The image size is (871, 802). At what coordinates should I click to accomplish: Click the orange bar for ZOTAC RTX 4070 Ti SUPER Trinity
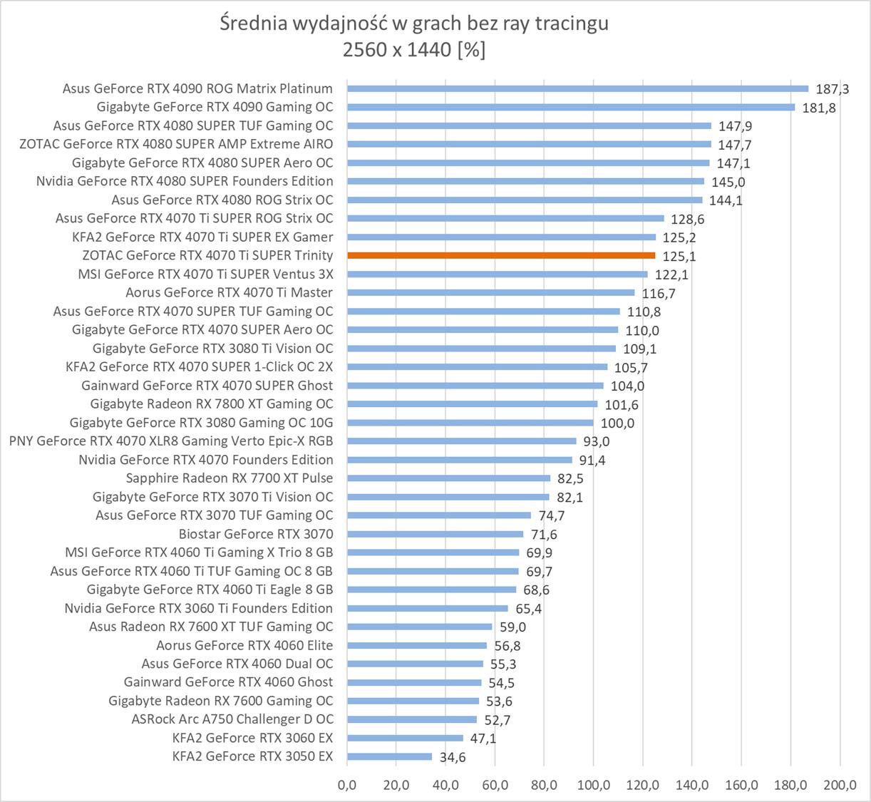coord(501,255)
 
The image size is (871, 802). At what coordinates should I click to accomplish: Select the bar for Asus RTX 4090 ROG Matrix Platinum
coord(577,88)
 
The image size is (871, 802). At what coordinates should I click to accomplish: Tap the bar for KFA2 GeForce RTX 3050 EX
coord(389,756)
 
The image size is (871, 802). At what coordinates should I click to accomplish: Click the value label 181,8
coord(819,108)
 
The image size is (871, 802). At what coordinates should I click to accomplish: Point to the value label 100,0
coord(617,423)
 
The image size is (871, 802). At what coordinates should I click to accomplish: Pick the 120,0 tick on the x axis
coord(643,786)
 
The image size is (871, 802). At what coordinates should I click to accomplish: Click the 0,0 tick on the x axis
coord(347,786)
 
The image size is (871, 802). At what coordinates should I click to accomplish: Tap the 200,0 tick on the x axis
coord(840,786)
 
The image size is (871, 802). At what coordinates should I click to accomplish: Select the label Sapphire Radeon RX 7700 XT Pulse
coord(230,478)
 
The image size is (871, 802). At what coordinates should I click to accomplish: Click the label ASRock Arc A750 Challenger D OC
coord(232,719)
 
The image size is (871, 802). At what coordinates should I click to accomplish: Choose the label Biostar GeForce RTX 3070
coord(256,534)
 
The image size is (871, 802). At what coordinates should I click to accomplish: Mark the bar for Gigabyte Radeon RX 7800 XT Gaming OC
coord(472,403)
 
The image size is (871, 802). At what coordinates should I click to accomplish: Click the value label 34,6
coord(453,758)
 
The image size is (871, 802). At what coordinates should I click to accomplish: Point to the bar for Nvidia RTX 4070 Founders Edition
coord(460,460)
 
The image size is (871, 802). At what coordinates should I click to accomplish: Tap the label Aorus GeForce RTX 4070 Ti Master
coord(229,292)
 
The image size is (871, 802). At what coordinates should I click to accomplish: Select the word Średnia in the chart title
coord(254,24)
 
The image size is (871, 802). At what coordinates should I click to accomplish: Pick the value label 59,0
coord(512,627)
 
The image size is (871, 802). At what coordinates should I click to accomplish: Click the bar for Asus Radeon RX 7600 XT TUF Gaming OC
coord(419,627)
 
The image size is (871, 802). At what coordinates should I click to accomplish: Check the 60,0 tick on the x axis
coord(495,786)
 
